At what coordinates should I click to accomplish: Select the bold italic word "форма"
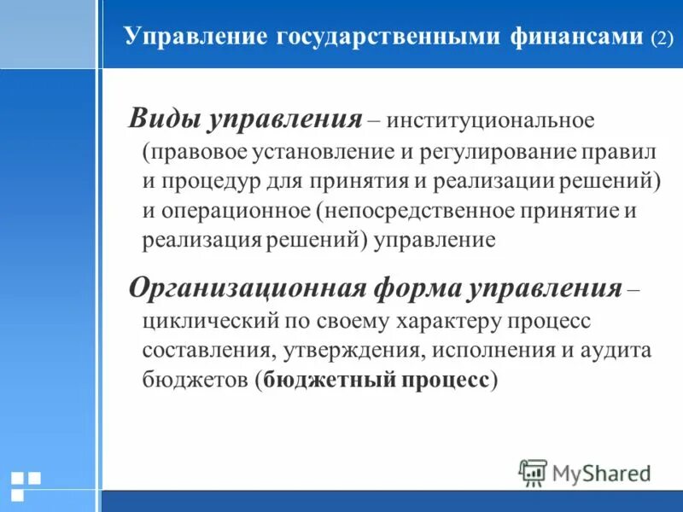pos(414,288)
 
